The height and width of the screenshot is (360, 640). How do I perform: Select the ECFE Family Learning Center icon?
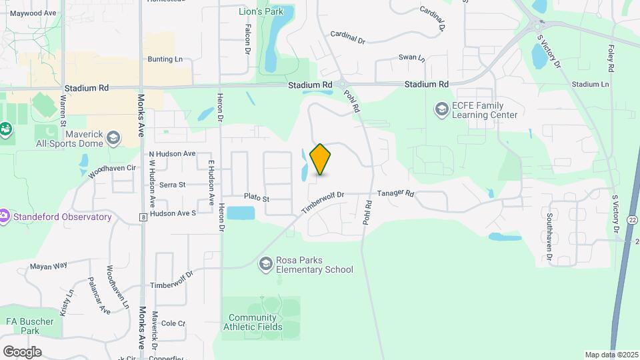click(441, 109)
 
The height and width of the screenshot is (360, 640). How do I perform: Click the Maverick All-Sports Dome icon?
click(113, 137)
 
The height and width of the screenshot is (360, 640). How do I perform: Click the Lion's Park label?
click(261, 11)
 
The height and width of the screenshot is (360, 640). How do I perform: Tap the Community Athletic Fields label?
click(255, 322)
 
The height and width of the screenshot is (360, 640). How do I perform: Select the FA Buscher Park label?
click(29, 326)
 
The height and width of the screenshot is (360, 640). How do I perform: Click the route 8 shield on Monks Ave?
click(143, 217)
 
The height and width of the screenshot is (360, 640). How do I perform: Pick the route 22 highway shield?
click(633, 220)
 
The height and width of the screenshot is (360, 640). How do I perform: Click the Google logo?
click(22, 351)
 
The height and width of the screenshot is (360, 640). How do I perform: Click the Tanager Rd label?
click(396, 194)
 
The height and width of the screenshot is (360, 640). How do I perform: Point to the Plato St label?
click(256, 198)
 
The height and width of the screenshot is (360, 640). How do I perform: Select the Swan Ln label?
click(411, 58)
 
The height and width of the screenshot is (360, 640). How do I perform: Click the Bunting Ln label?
click(165, 59)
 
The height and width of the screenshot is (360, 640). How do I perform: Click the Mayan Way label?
click(49, 266)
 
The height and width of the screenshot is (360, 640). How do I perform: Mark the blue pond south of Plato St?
click(241, 213)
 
